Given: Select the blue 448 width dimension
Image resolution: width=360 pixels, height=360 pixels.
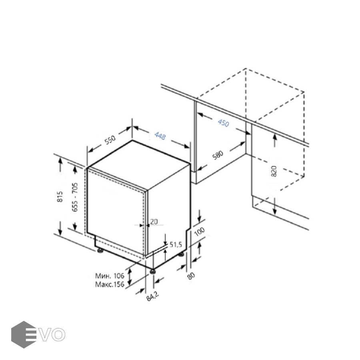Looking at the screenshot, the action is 160,136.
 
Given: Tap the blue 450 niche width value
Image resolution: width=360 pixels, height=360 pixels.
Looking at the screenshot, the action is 223,123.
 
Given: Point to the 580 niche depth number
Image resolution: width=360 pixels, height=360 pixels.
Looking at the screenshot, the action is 218,155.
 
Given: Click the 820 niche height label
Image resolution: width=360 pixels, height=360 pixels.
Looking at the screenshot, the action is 274,171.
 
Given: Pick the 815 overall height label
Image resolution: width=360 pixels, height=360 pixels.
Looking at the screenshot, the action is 60,196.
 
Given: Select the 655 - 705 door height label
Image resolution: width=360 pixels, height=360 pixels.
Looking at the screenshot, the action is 75,197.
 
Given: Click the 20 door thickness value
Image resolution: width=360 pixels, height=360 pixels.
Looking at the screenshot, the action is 154,222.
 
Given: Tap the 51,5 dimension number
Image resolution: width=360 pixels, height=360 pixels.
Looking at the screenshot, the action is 176,245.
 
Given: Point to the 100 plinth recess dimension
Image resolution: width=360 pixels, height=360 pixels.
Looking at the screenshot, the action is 199,232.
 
